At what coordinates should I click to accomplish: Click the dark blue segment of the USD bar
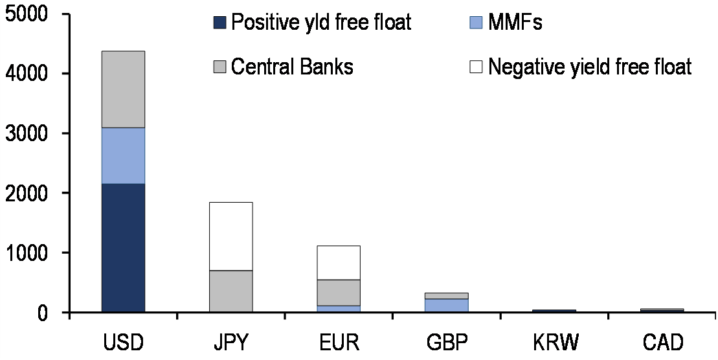pos(123,247)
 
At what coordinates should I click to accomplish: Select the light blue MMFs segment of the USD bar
pos(123,155)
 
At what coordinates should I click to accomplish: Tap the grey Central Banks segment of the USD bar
pos(123,89)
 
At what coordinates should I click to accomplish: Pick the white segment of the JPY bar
pos(231,236)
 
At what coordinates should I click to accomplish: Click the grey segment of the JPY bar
pos(231,291)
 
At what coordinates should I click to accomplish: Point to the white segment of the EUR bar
pos(339,262)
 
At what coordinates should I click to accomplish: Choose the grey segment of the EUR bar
pos(339,292)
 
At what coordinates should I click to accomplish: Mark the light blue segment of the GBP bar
pos(447,305)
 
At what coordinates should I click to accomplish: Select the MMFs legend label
pos(515,23)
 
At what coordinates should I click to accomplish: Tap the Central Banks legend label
pos(292,66)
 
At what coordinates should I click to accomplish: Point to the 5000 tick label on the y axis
pos(25,14)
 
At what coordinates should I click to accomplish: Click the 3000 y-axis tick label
pos(25,133)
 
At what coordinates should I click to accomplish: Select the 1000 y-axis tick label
pos(25,253)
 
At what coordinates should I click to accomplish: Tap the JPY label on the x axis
pos(230,341)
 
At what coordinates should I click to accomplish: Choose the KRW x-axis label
pos(554,341)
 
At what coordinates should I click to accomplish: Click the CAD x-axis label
pos(662,341)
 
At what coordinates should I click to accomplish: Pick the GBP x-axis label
pos(447,341)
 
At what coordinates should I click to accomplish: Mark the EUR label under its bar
pos(339,341)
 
